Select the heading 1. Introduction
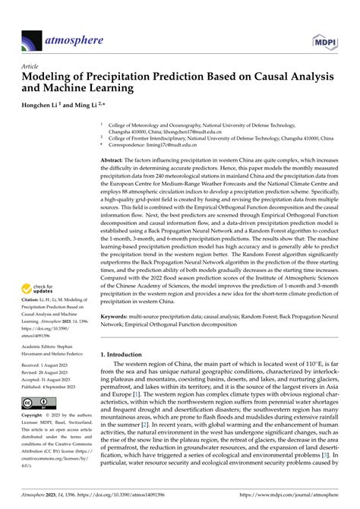127,355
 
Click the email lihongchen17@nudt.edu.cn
210,131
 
